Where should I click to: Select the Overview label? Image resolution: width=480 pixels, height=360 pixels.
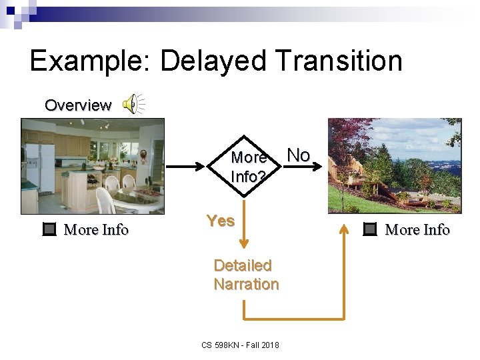point(78,105)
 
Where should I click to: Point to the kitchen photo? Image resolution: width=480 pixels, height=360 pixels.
point(92,165)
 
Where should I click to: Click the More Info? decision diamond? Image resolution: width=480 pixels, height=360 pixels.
point(247,167)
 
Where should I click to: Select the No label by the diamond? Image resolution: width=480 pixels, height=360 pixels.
point(298,155)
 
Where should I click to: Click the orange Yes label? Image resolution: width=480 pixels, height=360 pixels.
point(221,221)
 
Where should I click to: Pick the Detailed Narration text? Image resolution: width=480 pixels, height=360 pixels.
point(245,275)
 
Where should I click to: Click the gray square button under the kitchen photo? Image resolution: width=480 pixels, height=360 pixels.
point(49,229)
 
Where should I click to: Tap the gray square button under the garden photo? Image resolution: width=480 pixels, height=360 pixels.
point(370,229)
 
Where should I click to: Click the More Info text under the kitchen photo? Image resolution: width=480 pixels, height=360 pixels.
point(96,230)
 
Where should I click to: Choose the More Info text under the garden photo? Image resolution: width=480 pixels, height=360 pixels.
point(418,230)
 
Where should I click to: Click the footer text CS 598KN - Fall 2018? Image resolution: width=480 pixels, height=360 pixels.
point(240,345)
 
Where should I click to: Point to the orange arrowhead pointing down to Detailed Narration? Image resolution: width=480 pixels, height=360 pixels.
point(245,247)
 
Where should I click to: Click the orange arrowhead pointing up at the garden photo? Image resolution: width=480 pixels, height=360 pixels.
point(344,228)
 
